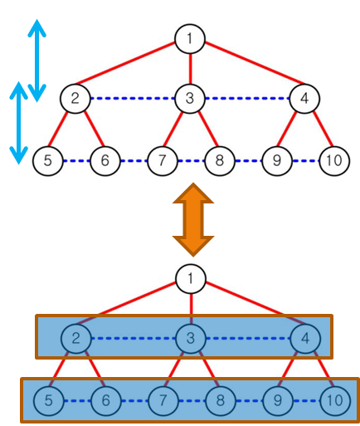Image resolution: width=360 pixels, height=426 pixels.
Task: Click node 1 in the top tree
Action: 190,38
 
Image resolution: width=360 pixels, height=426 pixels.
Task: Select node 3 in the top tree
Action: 190,99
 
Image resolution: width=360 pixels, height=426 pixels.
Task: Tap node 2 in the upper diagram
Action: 75,99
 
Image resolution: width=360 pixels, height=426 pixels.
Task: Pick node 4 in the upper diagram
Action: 304,99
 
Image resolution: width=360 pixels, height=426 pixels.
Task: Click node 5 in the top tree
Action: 48,160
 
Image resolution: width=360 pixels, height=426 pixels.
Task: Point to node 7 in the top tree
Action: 162,160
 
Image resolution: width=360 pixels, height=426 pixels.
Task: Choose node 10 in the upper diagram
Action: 333,160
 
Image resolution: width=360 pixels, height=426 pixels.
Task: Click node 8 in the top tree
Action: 219,160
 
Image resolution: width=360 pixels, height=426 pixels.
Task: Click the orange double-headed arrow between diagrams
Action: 192,221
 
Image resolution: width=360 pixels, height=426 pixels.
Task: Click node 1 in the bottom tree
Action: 190,278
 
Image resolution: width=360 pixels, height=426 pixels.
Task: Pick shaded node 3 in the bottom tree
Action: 190,339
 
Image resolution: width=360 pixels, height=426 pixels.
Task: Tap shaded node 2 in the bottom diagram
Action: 75,339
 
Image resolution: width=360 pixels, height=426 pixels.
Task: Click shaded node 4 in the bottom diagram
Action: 304,339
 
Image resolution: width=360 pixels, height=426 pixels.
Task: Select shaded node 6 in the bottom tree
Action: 105,401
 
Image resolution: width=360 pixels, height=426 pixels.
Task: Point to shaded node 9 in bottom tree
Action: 276,401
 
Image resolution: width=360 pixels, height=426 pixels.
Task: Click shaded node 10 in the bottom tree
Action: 333,401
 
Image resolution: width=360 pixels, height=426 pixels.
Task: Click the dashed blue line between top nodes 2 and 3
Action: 132,99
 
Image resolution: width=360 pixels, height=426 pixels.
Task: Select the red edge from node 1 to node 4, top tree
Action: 249,69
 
